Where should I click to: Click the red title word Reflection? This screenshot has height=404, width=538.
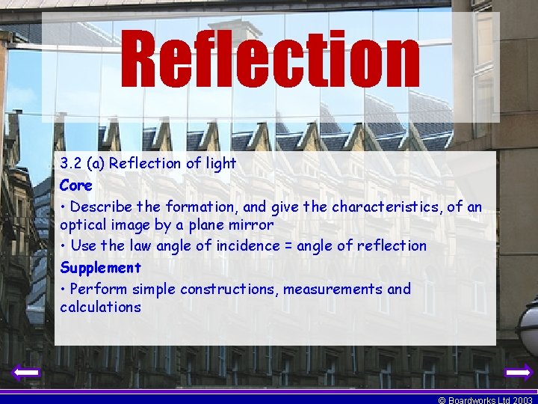(270, 58)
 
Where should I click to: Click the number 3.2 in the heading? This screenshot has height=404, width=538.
(71, 163)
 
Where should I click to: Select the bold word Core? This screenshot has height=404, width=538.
(76, 185)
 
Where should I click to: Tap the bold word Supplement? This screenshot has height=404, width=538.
(100, 267)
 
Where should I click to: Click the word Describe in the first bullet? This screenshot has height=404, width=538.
(102, 206)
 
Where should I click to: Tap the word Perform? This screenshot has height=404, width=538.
(98, 289)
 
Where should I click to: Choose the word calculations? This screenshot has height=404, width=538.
(100, 307)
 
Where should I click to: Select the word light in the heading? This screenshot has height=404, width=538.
(220, 163)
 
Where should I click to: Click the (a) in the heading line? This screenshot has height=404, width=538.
(94, 163)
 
